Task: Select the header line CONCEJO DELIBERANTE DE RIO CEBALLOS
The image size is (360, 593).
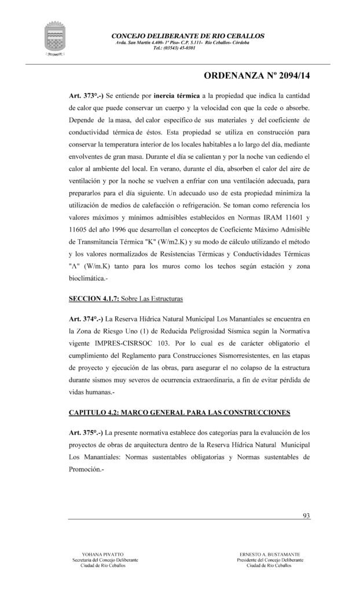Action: (x=188, y=36)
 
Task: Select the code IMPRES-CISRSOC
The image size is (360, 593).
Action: (x=132, y=344)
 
